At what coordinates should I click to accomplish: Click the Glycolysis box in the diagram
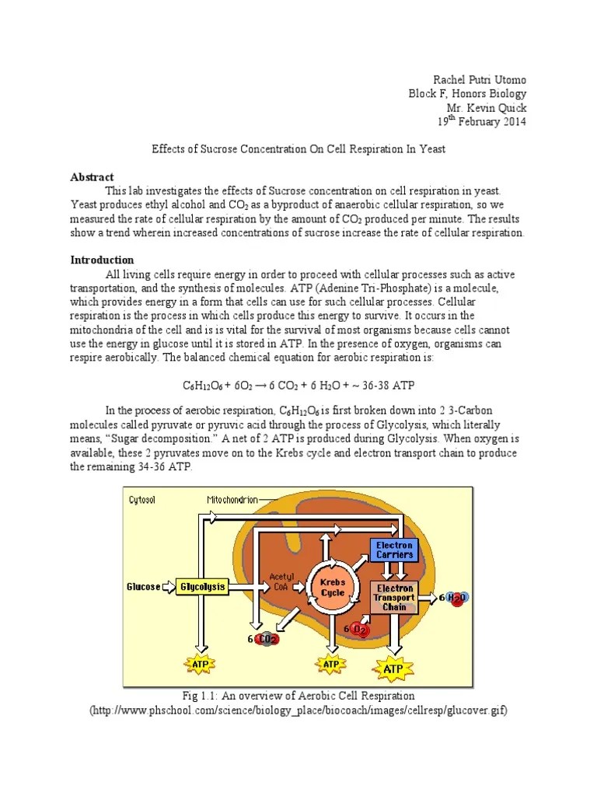tap(202, 587)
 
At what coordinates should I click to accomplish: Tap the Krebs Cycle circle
tap(332, 588)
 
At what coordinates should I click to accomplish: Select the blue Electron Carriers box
tap(394, 550)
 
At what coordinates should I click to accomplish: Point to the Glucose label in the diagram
tap(144, 587)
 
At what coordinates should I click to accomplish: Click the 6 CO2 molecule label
tap(265, 638)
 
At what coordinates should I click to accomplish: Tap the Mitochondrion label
tap(232, 500)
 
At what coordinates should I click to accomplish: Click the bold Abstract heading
tap(93, 177)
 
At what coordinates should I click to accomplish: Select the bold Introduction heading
tap(103, 260)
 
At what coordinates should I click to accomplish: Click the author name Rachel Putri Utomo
tap(480, 80)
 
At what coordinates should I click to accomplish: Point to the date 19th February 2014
tap(481, 122)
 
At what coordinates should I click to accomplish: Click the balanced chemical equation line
tap(298, 386)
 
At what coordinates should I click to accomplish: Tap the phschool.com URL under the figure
tap(298, 711)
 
